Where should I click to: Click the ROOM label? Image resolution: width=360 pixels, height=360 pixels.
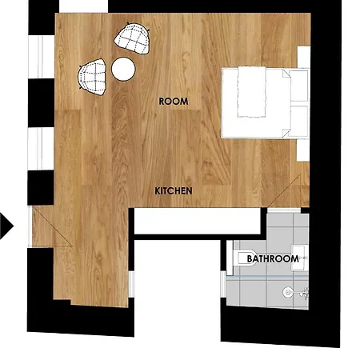point(174,102)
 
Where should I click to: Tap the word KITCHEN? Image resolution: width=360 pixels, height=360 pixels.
point(174,191)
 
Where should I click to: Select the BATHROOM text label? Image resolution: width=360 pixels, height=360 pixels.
point(273,258)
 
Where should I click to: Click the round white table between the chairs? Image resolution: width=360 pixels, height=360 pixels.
point(123,69)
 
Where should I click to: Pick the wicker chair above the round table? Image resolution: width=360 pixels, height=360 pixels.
point(132,38)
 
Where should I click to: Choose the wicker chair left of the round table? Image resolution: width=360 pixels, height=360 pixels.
point(92,77)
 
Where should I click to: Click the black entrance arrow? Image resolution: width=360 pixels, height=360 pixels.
point(6,226)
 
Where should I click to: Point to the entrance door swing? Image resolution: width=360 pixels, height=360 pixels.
point(52,226)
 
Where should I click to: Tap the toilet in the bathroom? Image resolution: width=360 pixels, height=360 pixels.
point(245,258)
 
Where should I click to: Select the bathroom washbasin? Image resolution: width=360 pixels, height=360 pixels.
point(300,258)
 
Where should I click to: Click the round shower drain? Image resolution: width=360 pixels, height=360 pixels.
point(288,292)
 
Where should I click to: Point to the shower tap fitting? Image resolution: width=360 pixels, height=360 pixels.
point(305,294)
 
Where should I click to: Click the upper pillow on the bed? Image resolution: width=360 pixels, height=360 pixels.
point(298,86)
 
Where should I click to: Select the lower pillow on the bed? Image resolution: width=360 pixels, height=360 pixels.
point(298,121)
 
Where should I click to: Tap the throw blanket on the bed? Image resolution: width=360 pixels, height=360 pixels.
point(252,91)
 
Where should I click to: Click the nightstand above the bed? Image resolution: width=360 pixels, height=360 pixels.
point(304,57)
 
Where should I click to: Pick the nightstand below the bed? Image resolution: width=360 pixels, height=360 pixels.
point(303,150)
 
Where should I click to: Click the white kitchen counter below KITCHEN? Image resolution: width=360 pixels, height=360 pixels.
point(198,221)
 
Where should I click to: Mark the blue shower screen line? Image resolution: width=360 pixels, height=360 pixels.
point(267,277)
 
